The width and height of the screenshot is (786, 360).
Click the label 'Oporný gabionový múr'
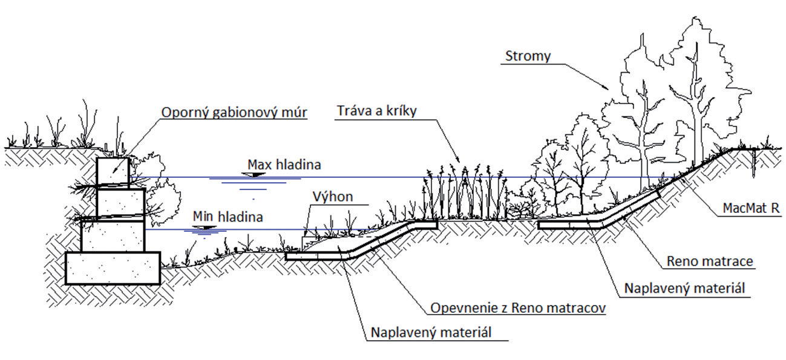coord(234,113)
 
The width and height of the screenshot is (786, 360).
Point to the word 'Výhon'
coord(332,197)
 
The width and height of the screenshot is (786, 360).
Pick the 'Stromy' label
coord(528,56)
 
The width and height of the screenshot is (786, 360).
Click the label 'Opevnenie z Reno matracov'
coord(519,308)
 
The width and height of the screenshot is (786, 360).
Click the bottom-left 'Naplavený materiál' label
coord(431,332)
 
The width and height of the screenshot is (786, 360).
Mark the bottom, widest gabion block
coord(113,268)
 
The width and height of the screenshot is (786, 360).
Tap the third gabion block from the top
coord(113,235)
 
